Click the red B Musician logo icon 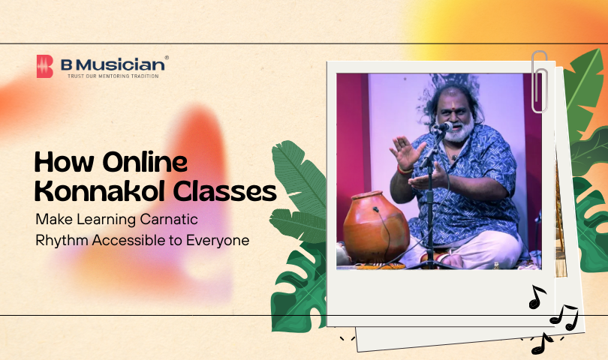(x=46, y=66)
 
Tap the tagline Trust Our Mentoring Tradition (x=113, y=76)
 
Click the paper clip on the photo (x=539, y=81)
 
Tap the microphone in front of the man (x=443, y=127)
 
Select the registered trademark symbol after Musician (x=166, y=57)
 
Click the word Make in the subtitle (x=53, y=220)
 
